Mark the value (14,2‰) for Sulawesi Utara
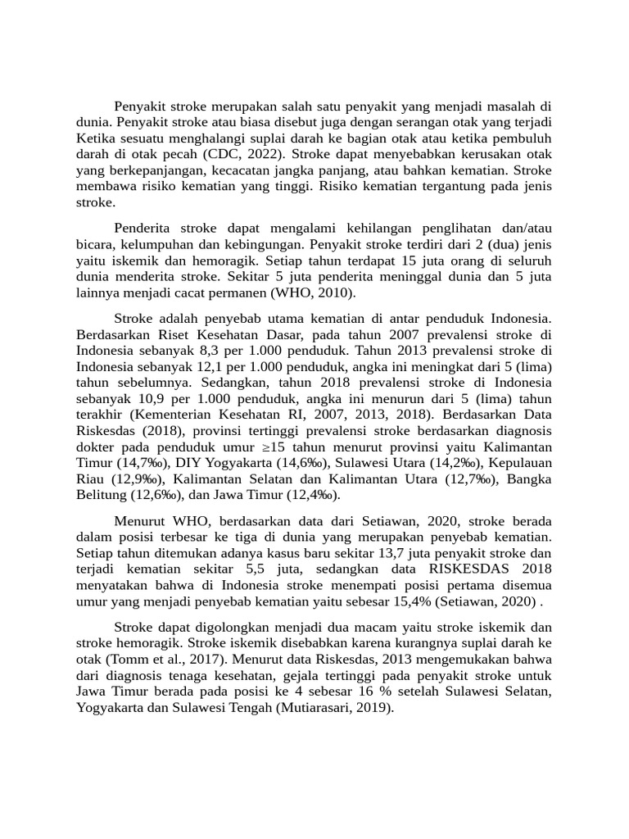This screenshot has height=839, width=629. coord(457,463)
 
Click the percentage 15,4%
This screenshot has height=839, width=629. coord(410,601)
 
